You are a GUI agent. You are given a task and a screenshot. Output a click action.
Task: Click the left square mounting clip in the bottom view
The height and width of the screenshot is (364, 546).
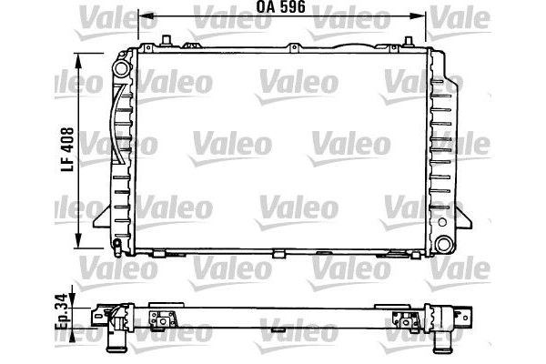162,318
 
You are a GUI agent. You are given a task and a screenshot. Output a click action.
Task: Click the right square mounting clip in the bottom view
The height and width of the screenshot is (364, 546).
401,318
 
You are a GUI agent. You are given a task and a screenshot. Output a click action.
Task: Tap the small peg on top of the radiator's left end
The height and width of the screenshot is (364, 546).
168,38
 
